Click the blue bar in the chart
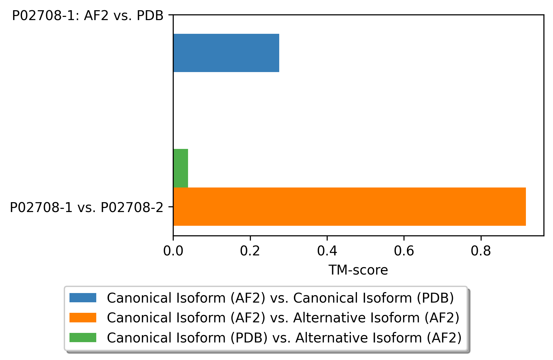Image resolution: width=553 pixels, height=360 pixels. (x=226, y=53)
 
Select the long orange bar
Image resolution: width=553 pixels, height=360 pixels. (x=349, y=207)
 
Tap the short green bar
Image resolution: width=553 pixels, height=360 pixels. (x=180, y=168)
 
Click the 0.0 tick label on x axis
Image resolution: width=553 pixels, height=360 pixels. (x=173, y=251)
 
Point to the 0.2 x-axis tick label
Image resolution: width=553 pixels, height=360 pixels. (x=250, y=251)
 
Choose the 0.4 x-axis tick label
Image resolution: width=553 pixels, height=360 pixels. (x=327, y=251)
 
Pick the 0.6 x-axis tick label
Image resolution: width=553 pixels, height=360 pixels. (x=404, y=251)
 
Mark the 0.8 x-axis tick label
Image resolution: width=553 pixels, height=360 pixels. (x=481, y=251)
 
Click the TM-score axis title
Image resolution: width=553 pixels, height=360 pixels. (x=358, y=270)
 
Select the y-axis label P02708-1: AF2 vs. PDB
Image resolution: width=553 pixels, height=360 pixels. (x=88, y=16)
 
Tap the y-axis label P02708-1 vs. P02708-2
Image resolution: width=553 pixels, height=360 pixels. (x=86, y=208)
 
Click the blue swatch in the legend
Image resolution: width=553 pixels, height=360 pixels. (x=83, y=298)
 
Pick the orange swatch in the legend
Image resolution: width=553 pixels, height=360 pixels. (x=83, y=318)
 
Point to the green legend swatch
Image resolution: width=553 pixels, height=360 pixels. (x=83, y=337)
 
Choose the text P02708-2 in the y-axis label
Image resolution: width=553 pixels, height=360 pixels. (x=132, y=208)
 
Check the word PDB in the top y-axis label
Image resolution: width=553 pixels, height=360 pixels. (x=150, y=16)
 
